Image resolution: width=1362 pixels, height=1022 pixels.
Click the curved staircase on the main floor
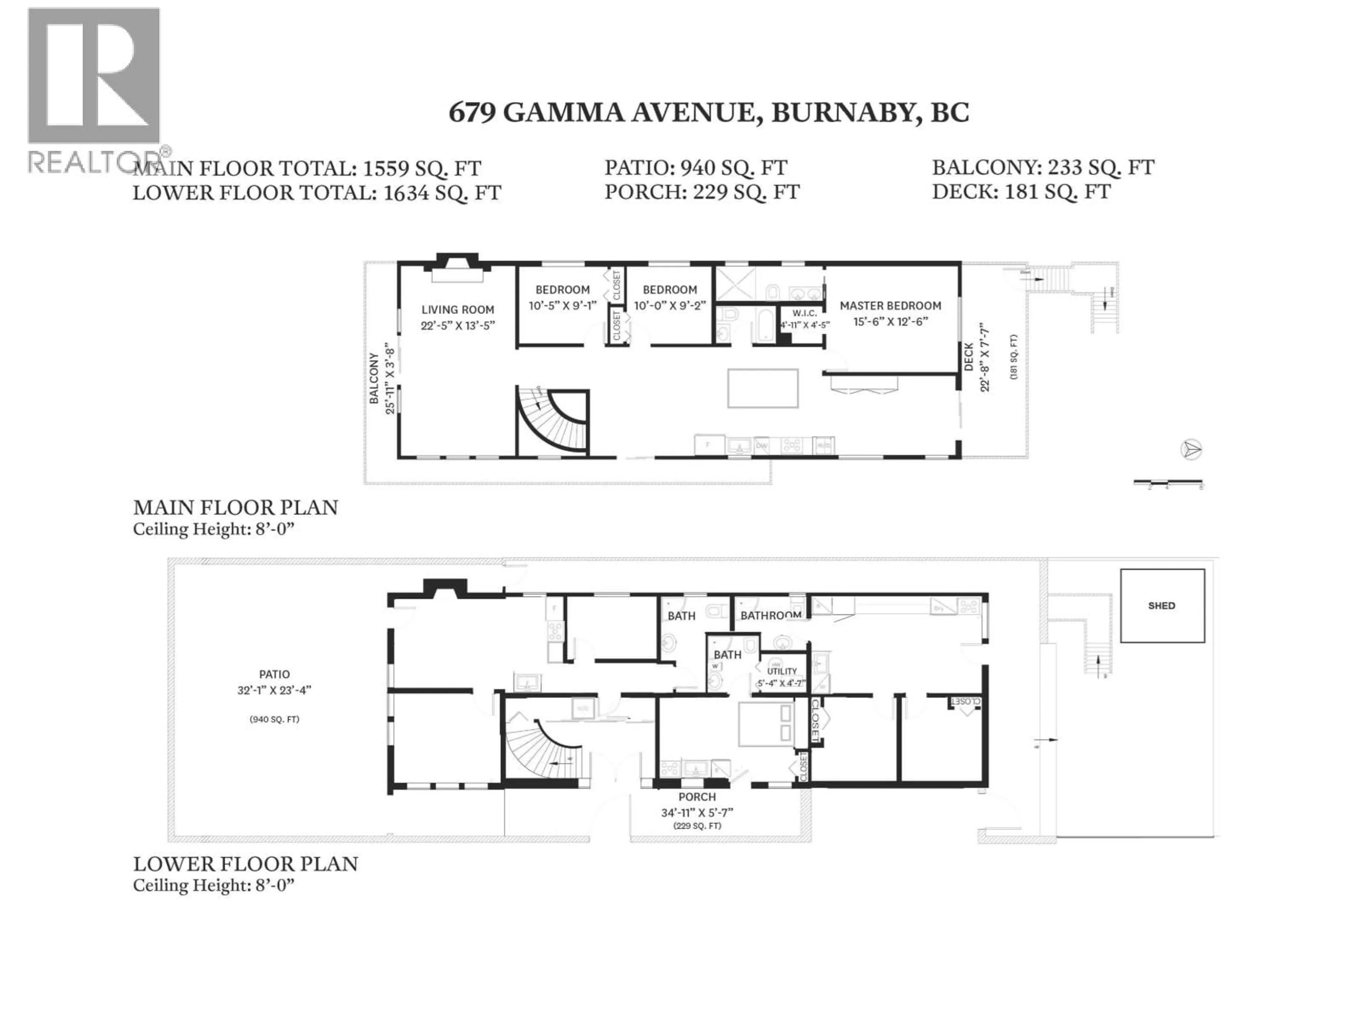pos(553,421)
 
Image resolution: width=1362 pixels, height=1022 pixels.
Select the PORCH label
pos(697,797)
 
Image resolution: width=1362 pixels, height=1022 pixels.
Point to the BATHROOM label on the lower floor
pos(770,615)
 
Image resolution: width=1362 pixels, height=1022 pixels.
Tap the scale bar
pos(1168,482)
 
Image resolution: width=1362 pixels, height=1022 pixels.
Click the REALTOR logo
pos(94,89)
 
